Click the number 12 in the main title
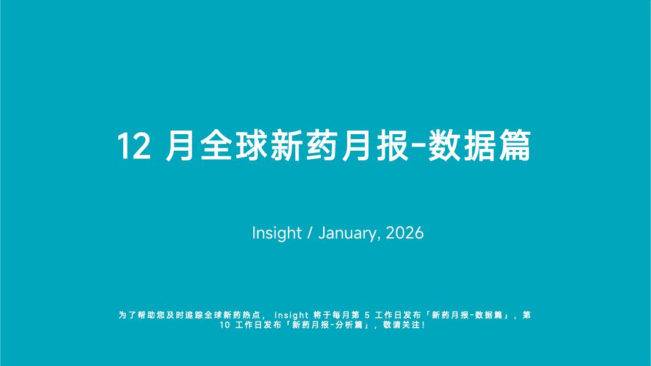(133, 146)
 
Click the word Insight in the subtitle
(276, 234)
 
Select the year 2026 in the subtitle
(405, 234)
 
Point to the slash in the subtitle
(310, 234)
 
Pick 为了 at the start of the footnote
(126, 315)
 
